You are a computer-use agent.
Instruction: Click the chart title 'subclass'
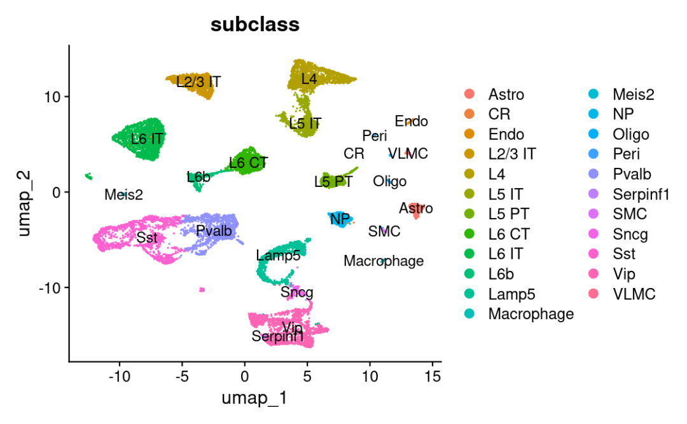click(x=255, y=24)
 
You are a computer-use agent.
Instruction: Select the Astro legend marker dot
click(x=469, y=95)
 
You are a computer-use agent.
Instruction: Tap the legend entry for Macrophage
click(x=531, y=313)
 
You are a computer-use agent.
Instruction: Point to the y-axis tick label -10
click(x=50, y=287)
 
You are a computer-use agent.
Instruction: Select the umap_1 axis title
click(x=254, y=399)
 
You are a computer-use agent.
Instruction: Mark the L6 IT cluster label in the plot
click(x=148, y=138)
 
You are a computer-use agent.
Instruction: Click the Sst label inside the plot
click(x=146, y=238)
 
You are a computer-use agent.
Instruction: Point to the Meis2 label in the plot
click(x=123, y=195)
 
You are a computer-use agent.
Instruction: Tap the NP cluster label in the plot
click(x=340, y=219)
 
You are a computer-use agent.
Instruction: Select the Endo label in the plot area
click(x=411, y=121)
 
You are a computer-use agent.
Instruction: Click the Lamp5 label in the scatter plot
click(x=278, y=256)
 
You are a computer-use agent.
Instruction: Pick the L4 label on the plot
click(x=309, y=79)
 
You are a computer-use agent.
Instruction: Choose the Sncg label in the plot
click(x=296, y=292)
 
